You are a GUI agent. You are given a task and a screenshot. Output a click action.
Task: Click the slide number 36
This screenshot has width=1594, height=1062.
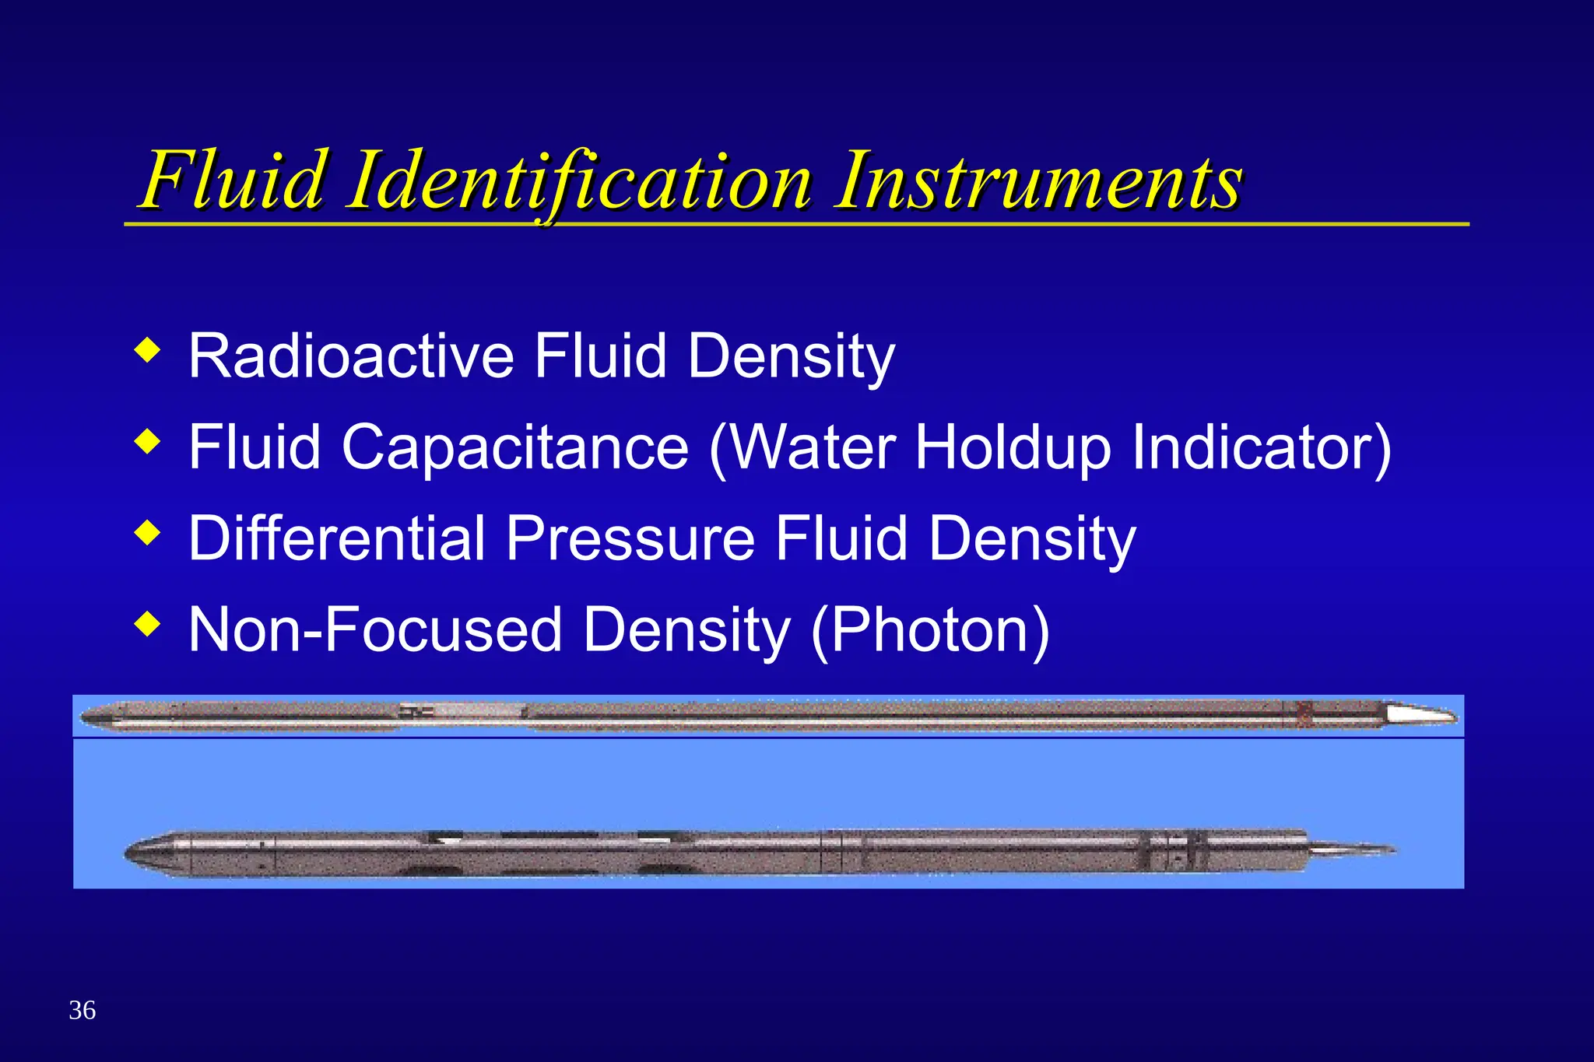click(x=83, y=1010)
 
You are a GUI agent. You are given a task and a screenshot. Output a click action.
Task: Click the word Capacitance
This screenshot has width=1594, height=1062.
click(x=515, y=447)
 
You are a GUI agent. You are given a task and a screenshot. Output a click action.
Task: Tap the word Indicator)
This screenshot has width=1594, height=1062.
click(x=1261, y=447)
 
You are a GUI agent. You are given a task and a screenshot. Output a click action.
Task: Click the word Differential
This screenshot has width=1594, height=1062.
click(x=337, y=538)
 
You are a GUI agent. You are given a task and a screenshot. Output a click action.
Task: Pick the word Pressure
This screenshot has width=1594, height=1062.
click(x=630, y=538)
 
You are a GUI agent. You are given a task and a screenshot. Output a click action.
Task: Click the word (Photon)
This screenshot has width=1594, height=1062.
click(x=930, y=630)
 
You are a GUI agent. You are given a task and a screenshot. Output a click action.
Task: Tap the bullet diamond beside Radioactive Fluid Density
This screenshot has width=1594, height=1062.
click(x=147, y=350)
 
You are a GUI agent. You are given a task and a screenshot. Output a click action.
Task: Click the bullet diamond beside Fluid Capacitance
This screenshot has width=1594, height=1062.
click(x=147, y=442)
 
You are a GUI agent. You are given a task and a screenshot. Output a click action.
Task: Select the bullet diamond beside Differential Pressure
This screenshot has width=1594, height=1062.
click(x=147, y=533)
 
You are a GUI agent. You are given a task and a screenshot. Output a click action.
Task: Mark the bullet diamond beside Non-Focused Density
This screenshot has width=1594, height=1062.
click(x=147, y=624)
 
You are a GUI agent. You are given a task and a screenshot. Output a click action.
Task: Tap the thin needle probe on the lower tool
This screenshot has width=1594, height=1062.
click(x=1354, y=850)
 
